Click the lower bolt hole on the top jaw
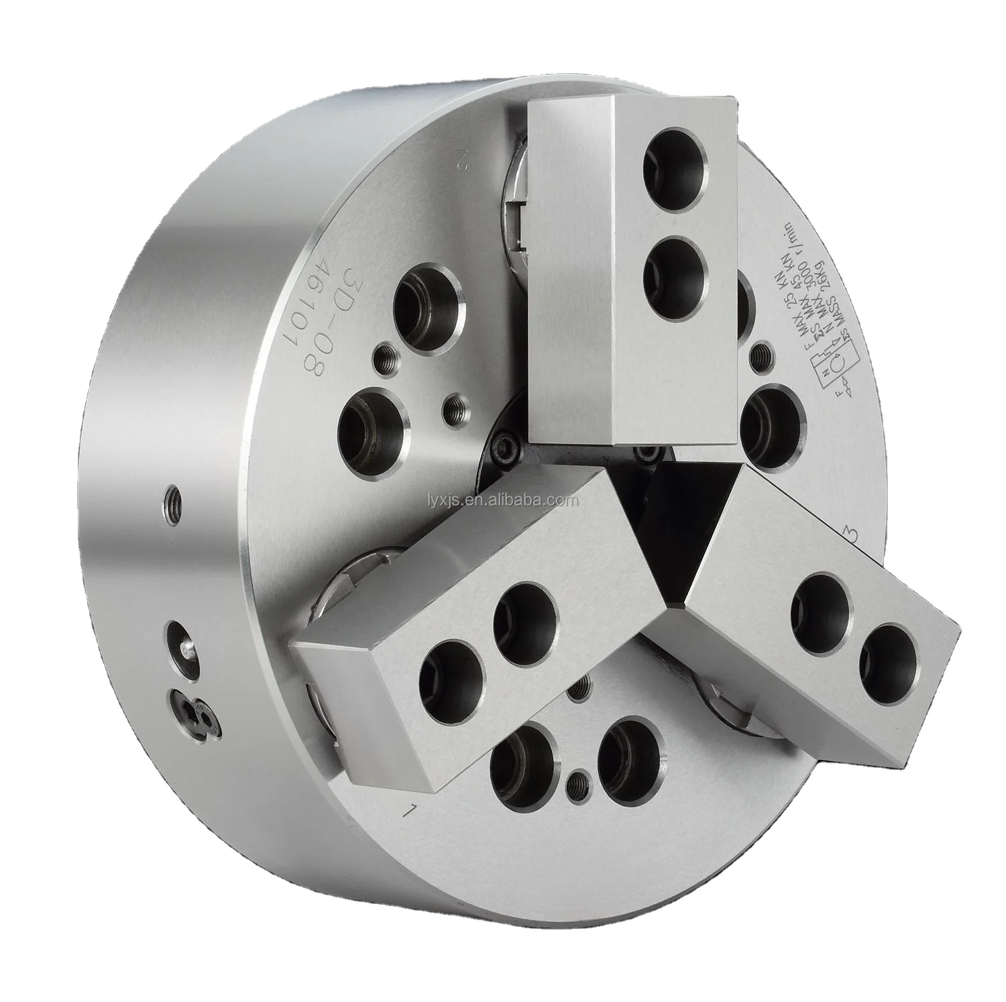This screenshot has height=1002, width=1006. click(x=674, y=269)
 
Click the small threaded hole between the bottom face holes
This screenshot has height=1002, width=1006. click(x=575, y=782)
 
